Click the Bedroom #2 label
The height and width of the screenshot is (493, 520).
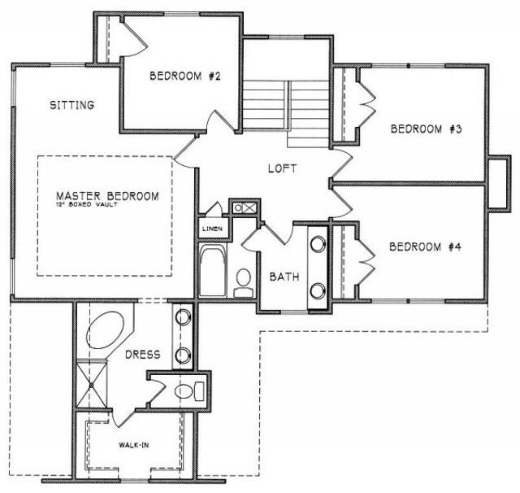185,76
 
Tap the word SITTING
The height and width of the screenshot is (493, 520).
72,105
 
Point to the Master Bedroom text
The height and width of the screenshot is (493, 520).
107,196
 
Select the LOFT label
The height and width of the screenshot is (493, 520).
282,168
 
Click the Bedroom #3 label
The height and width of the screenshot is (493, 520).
426,129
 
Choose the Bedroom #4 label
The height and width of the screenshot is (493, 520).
425,247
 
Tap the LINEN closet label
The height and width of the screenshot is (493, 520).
212,229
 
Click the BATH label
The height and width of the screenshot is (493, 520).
284,277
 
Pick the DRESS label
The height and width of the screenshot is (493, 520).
143,355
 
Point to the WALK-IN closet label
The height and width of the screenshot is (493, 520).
134,445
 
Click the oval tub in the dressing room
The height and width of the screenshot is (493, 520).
105,330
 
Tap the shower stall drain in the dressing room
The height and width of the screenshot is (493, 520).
91,385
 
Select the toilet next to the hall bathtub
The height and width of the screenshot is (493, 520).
244,282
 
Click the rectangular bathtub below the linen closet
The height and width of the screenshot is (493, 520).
213,271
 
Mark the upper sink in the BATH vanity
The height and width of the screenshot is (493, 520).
318,243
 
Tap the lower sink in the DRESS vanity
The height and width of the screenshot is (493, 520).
183,356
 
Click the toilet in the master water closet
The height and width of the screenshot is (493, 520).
189,391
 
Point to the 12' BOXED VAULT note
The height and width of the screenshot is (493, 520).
86,204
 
